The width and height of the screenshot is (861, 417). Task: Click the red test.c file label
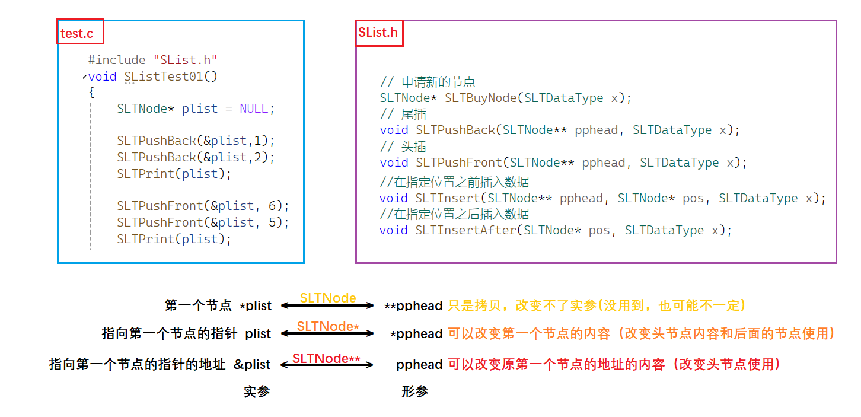click(76, 33)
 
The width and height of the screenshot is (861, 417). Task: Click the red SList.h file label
click(378, 32)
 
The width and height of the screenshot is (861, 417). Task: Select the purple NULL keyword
click(254, 109)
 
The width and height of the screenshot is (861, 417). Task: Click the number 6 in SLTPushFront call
click(272, 206)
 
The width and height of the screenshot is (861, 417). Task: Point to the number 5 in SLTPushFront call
click(272, 222)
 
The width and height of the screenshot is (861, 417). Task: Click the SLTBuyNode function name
click(481, 98)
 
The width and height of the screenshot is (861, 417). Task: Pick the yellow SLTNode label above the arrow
click(328, 297)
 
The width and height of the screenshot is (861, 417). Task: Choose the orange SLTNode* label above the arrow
click(328, 326)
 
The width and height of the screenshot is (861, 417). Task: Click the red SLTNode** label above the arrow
click(326, 358)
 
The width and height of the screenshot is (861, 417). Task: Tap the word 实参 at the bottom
click(257, 391)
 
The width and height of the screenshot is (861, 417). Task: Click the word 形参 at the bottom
click(414, 391)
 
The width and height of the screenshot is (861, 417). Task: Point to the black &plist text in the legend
click(252, 364)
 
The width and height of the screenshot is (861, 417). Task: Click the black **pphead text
click(413, 306)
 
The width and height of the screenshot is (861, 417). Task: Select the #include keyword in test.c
click(117, 60)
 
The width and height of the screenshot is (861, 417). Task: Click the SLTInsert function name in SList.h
click(448, 198)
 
